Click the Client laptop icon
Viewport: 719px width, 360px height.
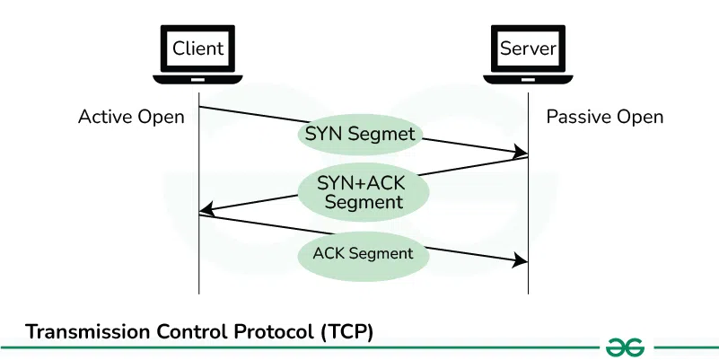pyautogui.click(x=198, y=53)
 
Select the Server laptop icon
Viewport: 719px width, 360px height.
pyautogui.click(x=528, y=53)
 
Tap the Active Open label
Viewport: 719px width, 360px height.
pyautogui.click(x=131, y=117)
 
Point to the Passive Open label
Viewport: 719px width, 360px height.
pyautogui.click(x=605, y=117)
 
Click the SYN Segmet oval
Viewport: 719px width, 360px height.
pyautogui.click(x=360, y=135)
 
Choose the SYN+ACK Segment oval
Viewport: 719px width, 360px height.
pyautogui.click(x=363, y=191)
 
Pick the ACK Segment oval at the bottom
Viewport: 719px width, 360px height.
pyautogui.click(x=363, y=253)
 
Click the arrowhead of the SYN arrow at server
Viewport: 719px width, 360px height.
pyautogui.click(x=521, y=154)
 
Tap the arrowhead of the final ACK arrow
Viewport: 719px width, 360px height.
pyautogui.click(x=521, y=261)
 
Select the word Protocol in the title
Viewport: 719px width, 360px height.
pyautogui.click(x=275, y=331)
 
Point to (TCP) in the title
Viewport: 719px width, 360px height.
pyautogui.click(x=346, y=331)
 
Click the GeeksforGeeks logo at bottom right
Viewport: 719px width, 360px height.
pyautogui.click(x=626, y=346)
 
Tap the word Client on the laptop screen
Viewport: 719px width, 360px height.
pyautogui.click(x=198, y=47)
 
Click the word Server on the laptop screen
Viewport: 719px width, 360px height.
pyautogui.click(x=528, y=47)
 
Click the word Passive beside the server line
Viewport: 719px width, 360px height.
pyautogui.click(x=577, y=117)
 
